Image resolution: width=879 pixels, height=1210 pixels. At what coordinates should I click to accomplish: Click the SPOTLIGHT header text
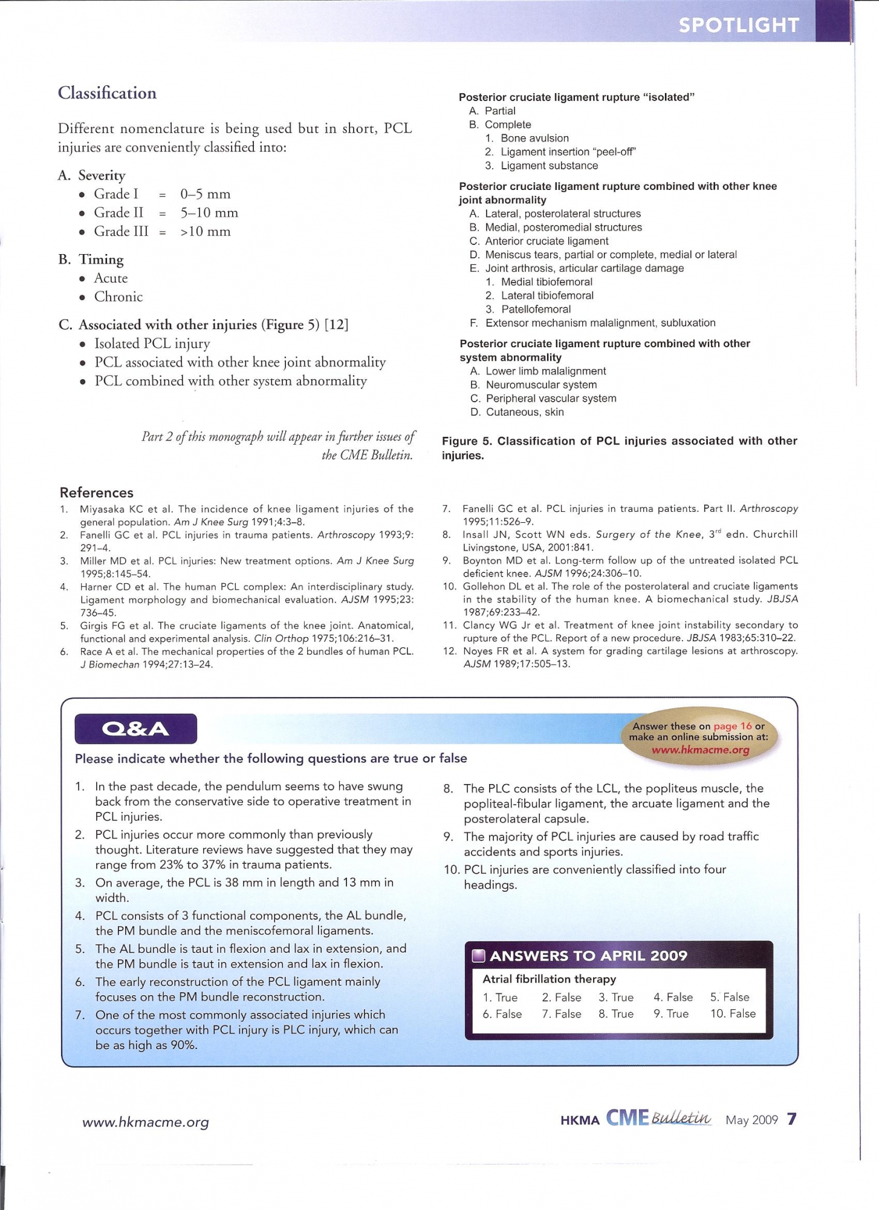coord(738,25)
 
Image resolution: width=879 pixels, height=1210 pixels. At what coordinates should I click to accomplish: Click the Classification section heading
coord(107,93)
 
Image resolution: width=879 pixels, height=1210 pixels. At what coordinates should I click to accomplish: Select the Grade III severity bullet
coord(120,231)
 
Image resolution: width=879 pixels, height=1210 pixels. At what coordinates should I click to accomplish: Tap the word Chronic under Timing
coord(118,296)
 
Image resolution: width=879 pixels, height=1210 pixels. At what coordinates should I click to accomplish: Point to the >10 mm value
coord(205,231)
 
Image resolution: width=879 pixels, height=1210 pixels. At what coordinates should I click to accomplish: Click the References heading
coord(96,492)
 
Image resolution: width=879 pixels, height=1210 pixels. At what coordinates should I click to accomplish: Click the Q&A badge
coord(135,728)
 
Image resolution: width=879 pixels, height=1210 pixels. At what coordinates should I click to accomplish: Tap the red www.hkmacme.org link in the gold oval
coord(700,750)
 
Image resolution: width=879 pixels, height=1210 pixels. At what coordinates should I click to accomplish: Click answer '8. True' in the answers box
coord(616,1013)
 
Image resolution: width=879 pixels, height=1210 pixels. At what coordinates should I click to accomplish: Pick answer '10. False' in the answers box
coord(733,1013)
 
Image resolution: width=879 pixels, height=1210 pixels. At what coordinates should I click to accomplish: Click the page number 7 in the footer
coord(792,1119)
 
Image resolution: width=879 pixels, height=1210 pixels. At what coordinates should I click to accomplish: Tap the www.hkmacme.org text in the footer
coord(145,1122)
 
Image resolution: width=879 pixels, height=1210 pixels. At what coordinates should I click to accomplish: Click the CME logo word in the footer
coord(627,1118)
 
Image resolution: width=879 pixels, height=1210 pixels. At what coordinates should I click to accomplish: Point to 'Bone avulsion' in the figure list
coord(534,139)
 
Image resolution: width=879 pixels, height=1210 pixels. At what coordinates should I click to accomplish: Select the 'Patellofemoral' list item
coord(536,309)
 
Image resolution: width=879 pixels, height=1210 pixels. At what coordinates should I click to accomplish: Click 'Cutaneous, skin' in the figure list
coord(525,412)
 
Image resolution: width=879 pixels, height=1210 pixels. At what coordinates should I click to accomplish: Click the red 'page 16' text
coord(732,726)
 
